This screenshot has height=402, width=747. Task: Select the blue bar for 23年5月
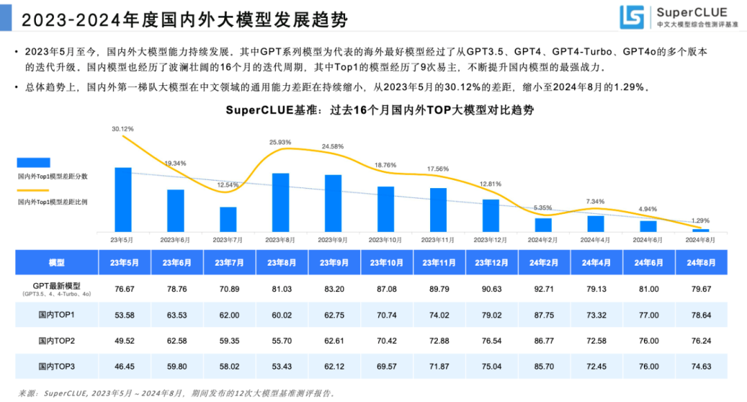coord(122,199)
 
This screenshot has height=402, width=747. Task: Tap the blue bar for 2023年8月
coord(280,202)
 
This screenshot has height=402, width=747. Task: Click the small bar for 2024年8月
coord(701,230)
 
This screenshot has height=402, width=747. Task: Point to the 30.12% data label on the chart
coord(122,129)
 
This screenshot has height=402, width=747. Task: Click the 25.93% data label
coord(280,142)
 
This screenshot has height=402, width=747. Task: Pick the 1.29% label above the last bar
coord(700,221)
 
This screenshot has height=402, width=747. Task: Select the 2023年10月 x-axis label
coord(385,239)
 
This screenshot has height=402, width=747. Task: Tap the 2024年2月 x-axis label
coord(543,239)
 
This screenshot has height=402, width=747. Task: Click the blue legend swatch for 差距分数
coord(33,163)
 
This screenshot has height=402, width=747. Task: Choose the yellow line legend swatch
coord(33,190)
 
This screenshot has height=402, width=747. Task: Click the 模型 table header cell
coord(57,263)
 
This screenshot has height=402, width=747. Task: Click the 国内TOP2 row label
coord(57,340)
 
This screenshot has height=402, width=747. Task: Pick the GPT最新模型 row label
coord(57,286)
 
